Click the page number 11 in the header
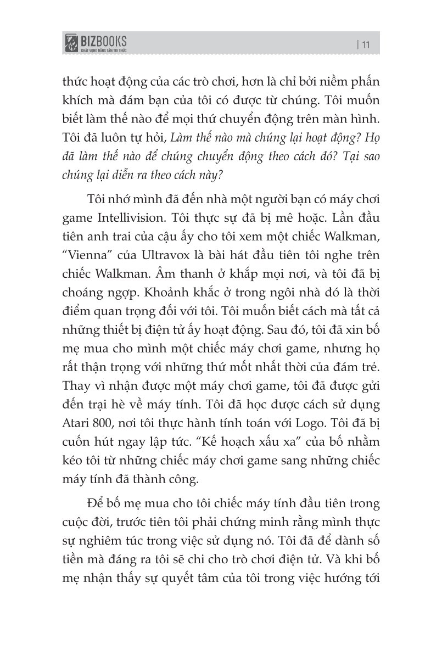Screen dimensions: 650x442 coord(366,46)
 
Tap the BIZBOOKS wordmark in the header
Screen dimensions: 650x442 coord(104,41)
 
